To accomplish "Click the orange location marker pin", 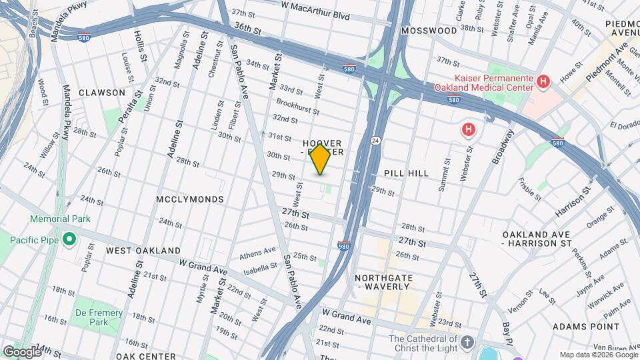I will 320,159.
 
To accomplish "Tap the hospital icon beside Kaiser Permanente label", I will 543,81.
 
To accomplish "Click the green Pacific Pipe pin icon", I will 69,238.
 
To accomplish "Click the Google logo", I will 21,352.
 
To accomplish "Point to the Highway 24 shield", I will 375,141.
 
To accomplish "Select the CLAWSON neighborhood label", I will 101,93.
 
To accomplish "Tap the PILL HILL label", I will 406,173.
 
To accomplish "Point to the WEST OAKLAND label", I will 143,251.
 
